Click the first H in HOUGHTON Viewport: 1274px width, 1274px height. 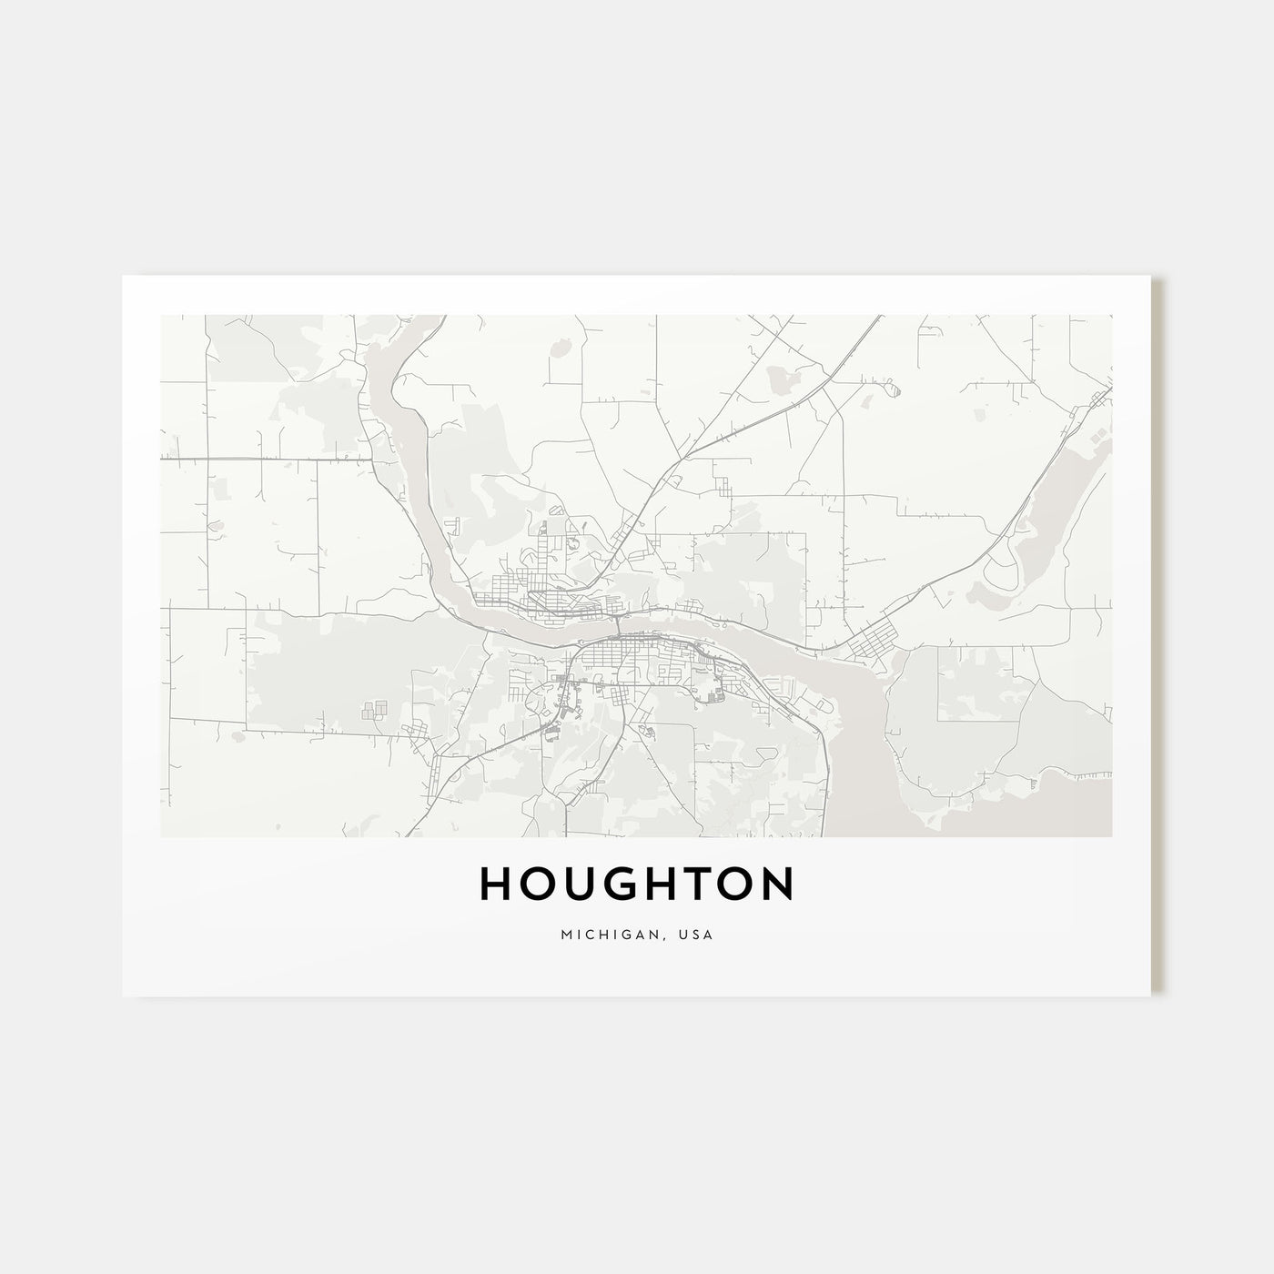click(495, 883)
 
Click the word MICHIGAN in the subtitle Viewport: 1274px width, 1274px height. click(597, 935)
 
